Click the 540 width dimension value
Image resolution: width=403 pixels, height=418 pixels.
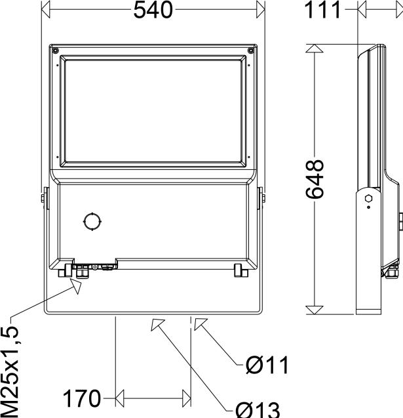click(153, 10)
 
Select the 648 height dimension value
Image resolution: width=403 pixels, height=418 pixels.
click(315, 178)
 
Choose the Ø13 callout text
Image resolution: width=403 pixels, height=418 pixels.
click(258, 409)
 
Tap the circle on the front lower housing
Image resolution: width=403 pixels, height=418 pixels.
click(92, 221)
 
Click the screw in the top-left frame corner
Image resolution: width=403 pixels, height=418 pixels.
click(56, 50)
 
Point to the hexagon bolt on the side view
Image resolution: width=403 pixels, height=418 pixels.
click(368, 197)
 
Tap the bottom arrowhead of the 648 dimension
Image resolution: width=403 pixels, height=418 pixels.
click(315, 306)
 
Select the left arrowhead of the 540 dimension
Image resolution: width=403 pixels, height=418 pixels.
click(45, 10)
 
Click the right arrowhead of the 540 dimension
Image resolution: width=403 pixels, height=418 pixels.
click(260, 10)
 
